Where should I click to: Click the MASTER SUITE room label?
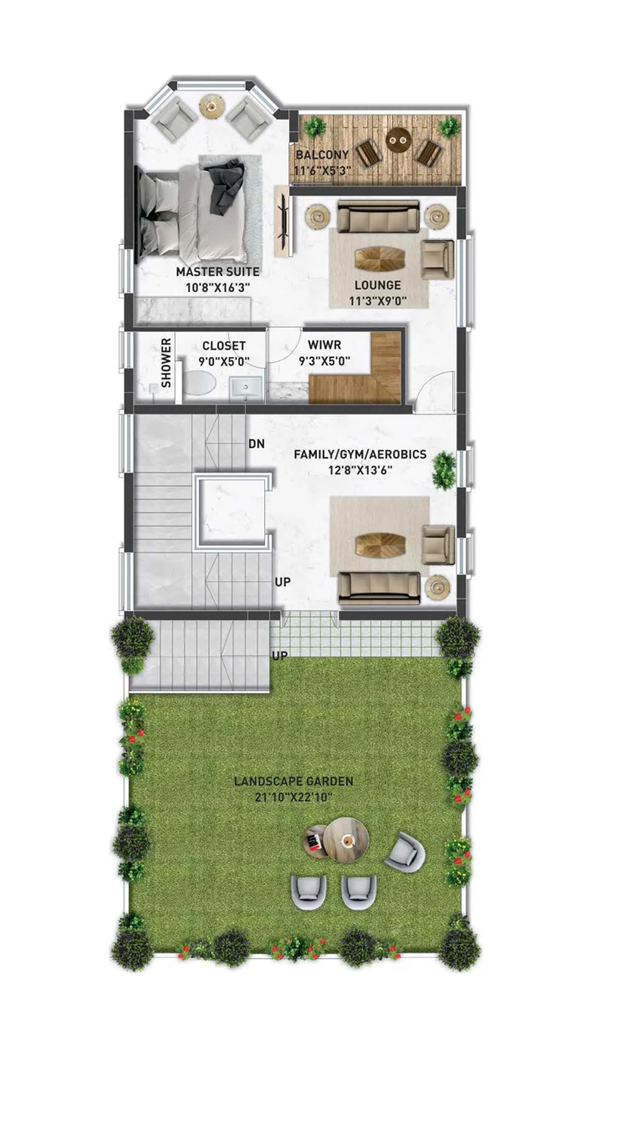(218, 271)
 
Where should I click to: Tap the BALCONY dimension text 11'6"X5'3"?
(323, 170)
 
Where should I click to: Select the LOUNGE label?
(377, 285)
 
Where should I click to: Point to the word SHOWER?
(166, 363)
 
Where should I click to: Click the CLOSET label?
(224, 346)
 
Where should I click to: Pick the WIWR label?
(324, 345)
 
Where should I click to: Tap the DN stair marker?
(257, 444)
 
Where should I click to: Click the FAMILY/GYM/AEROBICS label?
(360, 454)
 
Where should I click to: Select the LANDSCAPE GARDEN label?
(294, 781)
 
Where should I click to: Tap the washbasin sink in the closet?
(246, 388)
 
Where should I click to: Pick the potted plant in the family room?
(443, 469)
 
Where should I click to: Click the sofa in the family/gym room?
(379, 588)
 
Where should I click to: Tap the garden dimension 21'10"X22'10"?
(294, 797)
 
